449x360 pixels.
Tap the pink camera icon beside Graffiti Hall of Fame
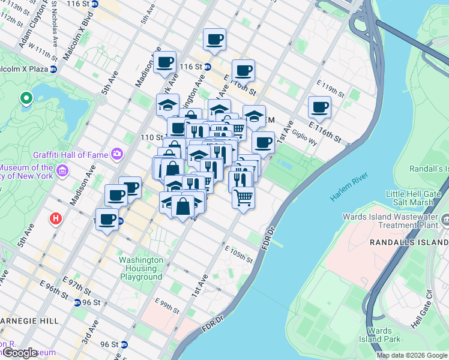tap(116, 154)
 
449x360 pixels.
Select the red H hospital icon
tap(56, 219)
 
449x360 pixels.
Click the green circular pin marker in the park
tap(26, 98)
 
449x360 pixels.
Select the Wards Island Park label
tap(379, 335)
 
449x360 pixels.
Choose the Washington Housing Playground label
tap(141, 268)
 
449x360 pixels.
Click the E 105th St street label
tap(239, 255)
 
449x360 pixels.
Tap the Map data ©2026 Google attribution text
tap(411, 355)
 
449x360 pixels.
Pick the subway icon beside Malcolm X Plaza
tap(53, 69)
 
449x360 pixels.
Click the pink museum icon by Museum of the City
tap(61, 173)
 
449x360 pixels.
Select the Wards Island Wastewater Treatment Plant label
tap(390, 221)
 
